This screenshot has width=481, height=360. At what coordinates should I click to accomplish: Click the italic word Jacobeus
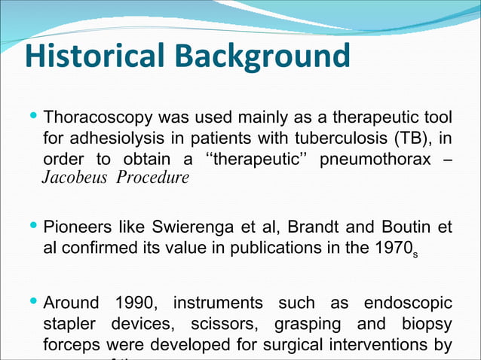tap(72, 178)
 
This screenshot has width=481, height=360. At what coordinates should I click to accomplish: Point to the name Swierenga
tap(202, 227)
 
